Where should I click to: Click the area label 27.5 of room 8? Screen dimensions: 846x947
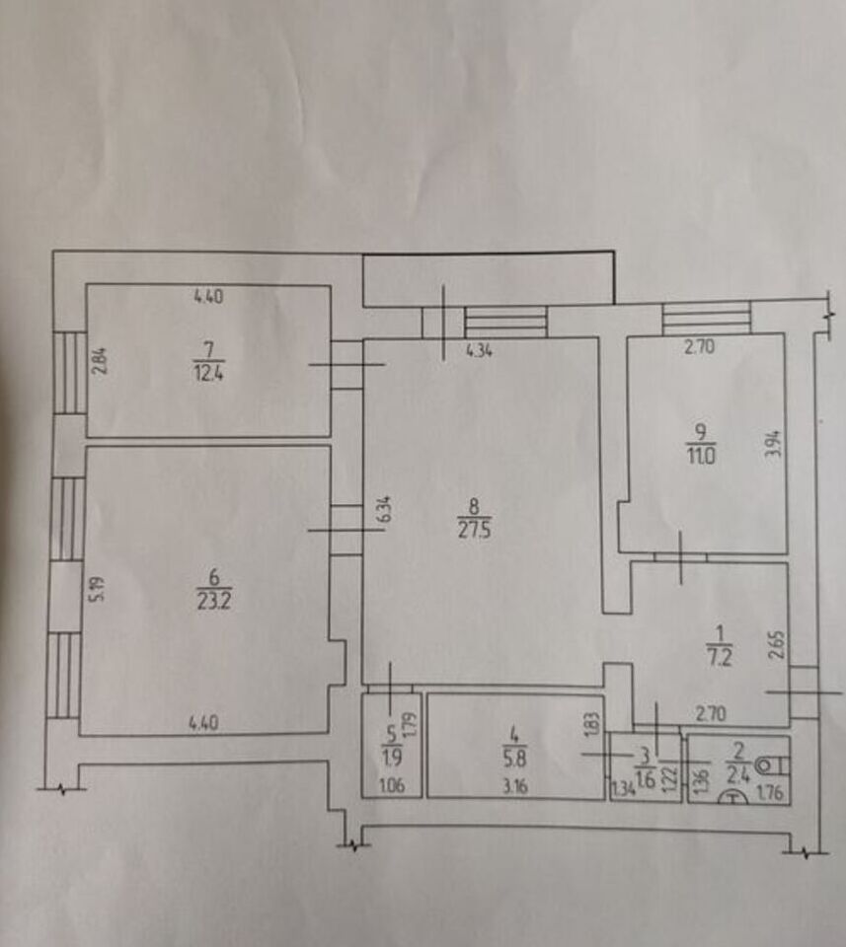click(x=475, y=531)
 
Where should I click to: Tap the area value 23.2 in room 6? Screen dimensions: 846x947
click(x=214, y=602)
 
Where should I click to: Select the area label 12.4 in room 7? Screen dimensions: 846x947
click(x=208, y=372)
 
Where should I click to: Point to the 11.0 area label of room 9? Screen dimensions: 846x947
click(x=701, y=455)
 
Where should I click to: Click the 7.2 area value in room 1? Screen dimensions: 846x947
click(x=719, y=657)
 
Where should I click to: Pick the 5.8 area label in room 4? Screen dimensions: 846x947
click(x=515, y=758)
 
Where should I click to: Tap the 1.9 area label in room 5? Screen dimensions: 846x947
click(x=392, y=757)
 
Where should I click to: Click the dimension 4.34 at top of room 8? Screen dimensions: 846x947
click(x=480, y=350)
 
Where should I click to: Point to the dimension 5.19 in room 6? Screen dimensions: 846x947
click(x=99, y=589)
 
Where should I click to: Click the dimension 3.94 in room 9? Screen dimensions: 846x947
click(x=774, y=444)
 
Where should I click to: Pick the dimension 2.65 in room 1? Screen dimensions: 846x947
click(x=778, y=645)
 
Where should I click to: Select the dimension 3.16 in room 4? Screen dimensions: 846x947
click(x=515, y=786)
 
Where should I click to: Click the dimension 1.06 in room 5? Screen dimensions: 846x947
click(x=392, y=786)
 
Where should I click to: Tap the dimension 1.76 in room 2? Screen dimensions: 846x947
click(x=770, y=792)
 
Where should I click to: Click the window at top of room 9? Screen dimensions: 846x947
click(x=707, y=319)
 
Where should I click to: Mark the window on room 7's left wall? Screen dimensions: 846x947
click(x=70, y=372)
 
